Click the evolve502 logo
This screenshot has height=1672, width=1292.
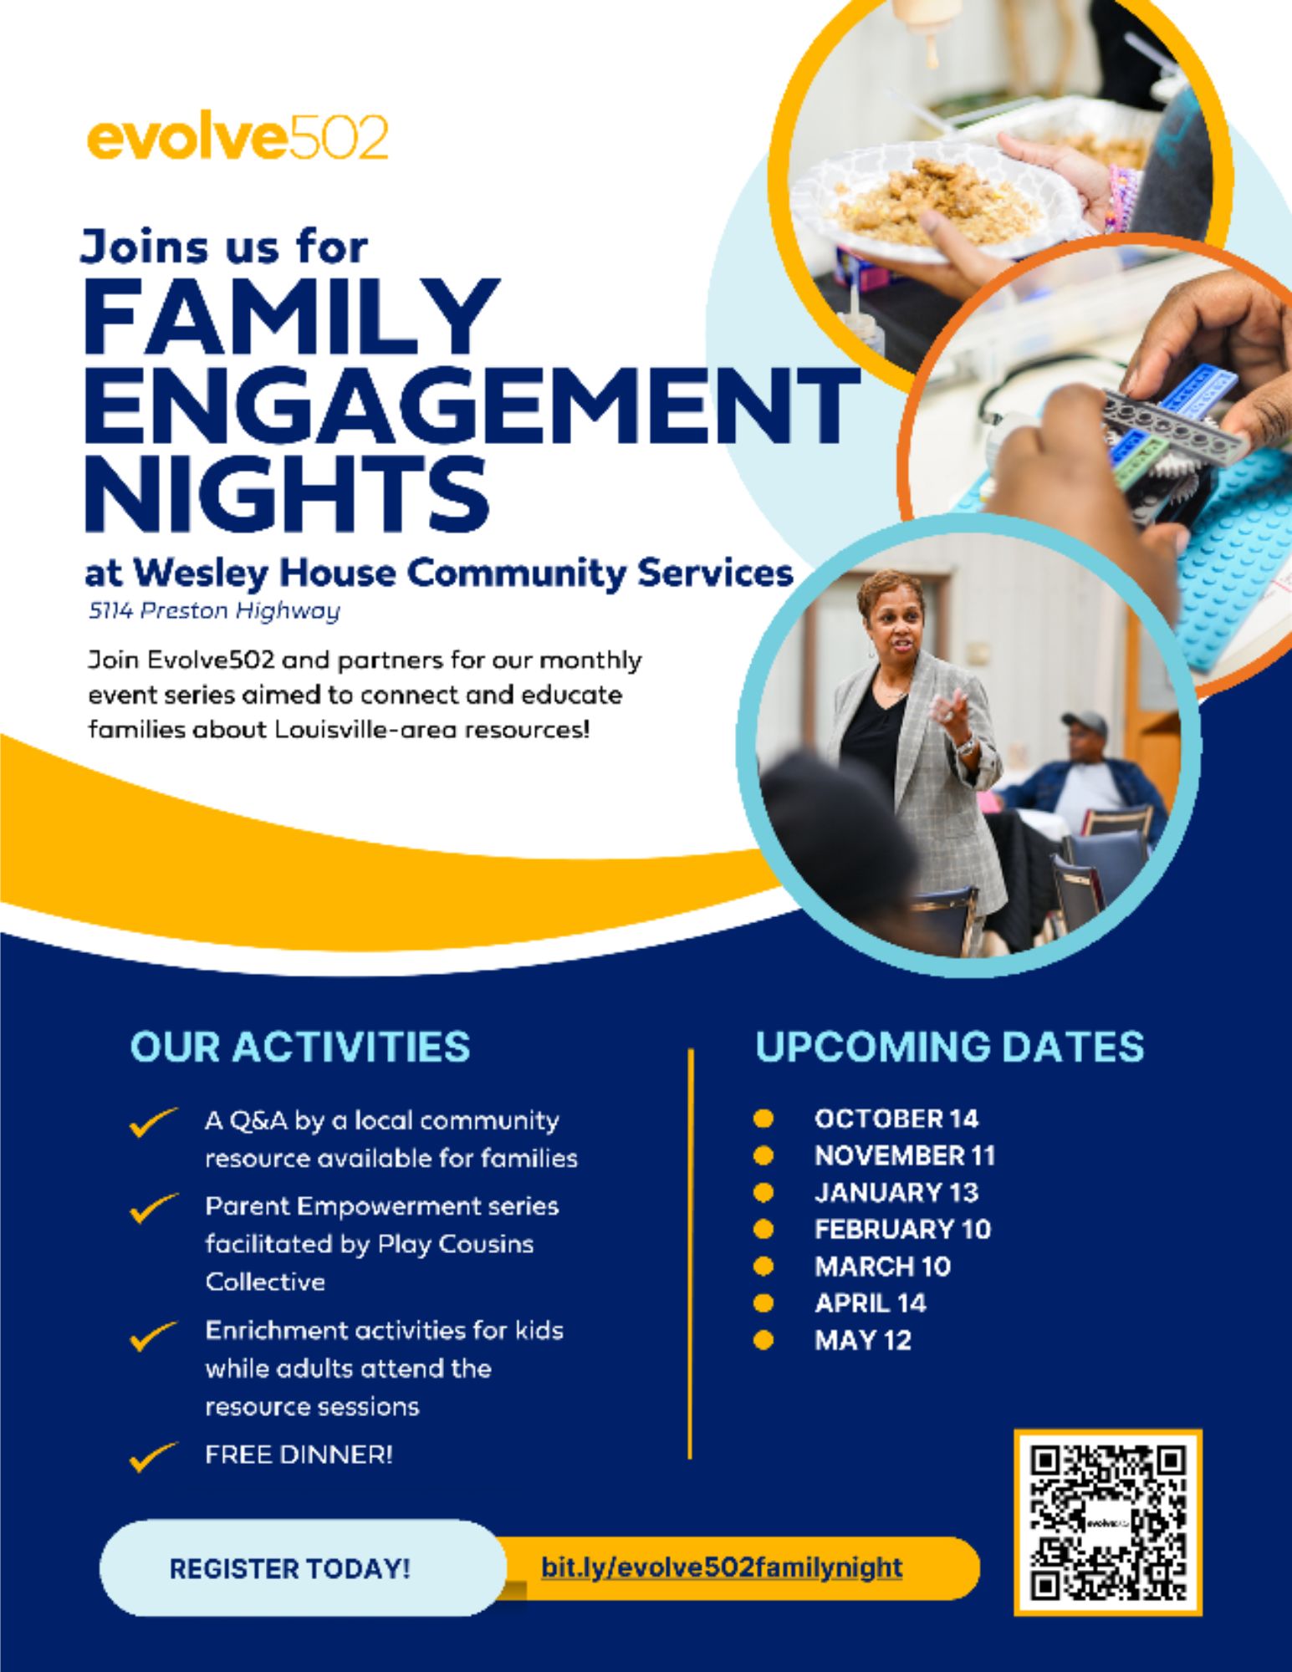pos(237,138)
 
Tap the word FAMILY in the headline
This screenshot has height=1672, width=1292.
pos(290,318)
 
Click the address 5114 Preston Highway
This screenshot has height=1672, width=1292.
pos(214,611)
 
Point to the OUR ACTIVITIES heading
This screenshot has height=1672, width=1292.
pos(300,1048)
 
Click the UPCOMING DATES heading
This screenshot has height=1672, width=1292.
pos(949,1048)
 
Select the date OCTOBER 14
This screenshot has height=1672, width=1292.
pos(896,1119)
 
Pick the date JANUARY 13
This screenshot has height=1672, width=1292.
pos(896,1192)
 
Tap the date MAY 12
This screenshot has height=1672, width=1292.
pos(862,1340)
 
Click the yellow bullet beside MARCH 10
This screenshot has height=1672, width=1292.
pos(763,1266)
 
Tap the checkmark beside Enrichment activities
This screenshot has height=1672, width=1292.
pos(153,1335)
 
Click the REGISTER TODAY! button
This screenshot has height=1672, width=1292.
pos(290,1568)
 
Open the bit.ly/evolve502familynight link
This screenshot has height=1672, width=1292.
pos(722,1567)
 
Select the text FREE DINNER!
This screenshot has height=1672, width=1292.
pos(299,1455)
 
